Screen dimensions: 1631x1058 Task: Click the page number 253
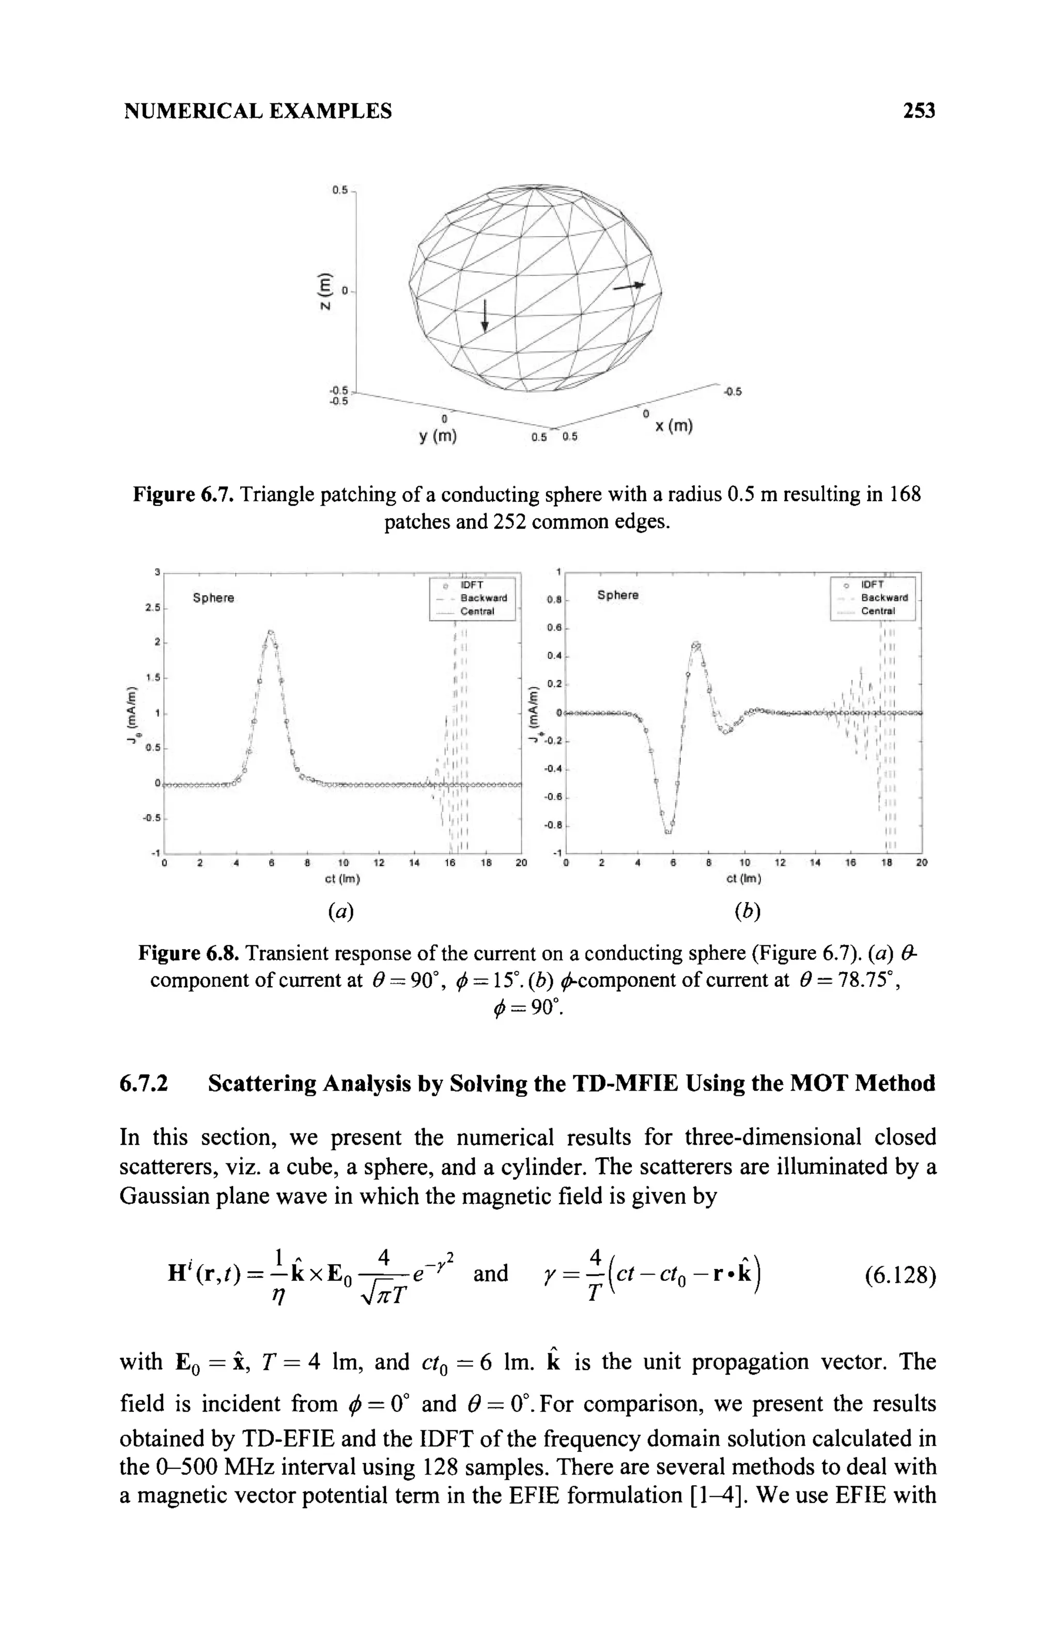tap(918, 111)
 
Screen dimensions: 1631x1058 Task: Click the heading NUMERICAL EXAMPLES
tap(258, 111)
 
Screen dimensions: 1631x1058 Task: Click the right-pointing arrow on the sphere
tap(629, 286)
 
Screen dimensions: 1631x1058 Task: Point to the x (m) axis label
tap(674, 427)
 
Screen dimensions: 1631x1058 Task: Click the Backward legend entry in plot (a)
tap(483, 598)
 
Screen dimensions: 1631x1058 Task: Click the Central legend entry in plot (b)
tap(878, 611)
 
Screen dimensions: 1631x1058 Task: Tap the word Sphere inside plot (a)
tap(213, 598)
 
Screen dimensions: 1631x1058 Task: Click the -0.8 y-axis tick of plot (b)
tap(552, 826)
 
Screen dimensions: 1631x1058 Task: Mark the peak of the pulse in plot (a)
tap(271, 632)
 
